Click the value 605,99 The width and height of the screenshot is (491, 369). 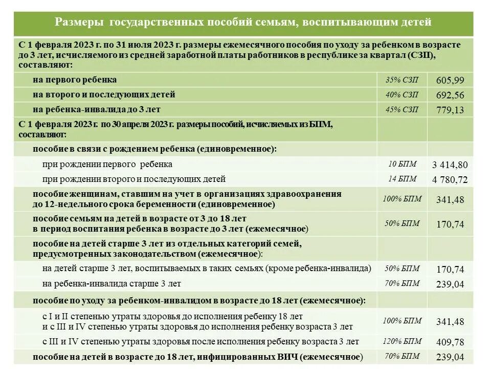pyautogui.click(x=450, y=80)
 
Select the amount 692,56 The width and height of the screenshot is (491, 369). pyautogui.click(x=450, y=95)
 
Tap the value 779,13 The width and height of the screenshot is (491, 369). pyautogui.click(x=450, y=110)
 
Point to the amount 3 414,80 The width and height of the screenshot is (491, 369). pyautogui.click(x=450, y=165)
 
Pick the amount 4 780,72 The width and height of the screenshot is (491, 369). pyautogui.click(x=450, y=180)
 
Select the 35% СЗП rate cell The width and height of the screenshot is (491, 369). pyautogui.click(x=402, y=80)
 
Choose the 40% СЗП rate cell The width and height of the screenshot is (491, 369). pyautogui.click(x=402, y=95)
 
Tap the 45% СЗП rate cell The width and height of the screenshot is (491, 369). pyautogui.click(x=402, y=110)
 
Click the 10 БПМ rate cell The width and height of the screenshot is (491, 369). pyautogui.click(x=402, y=164)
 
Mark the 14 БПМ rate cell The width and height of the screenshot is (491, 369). pyautogui.click(x=402, y=179)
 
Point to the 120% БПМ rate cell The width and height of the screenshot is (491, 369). pyautogui.click(x=402, y=341)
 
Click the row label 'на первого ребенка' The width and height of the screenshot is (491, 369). pyautogui.click(x=75, y=80)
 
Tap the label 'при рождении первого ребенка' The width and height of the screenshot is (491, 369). pyautogui.click(x=107, y=165)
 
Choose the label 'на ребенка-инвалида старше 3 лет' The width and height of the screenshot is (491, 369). pyautogui.click(x=111, y=283)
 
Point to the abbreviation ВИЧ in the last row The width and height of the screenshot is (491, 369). pyautogui.click(x=287, y=357)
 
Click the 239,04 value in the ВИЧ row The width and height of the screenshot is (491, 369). pyautogui.click(x=450, y=357)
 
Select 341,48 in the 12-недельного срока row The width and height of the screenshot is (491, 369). pyautogui.click(x=450, y=200)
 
